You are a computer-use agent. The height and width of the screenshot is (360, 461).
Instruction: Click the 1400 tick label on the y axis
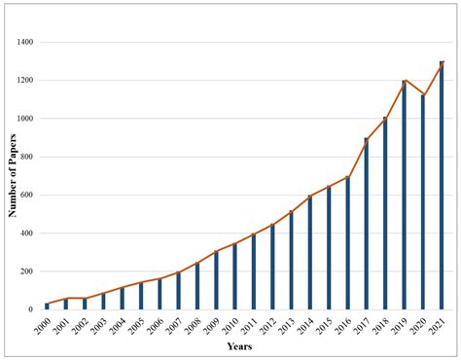click(x=22, y=43)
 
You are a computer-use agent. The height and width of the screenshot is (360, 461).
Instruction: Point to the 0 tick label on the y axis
click(x=31, y=309)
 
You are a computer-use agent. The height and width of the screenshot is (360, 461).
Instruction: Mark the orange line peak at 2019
click(x=405, y=81)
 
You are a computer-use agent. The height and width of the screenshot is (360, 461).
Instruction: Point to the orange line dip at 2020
click(x=423, y=95)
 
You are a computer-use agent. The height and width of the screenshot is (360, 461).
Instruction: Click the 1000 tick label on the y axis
click(x=22, y=119)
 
